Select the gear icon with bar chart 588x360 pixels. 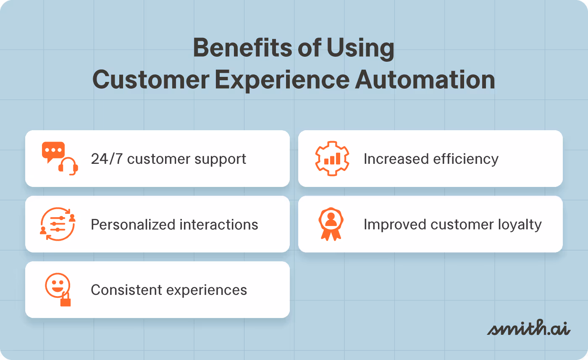pos(332,159)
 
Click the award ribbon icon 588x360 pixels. pos(331,224)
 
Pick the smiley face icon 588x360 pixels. pos(57,285)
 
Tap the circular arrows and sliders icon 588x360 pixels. pos(58,224)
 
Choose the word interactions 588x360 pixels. pos(219,225)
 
